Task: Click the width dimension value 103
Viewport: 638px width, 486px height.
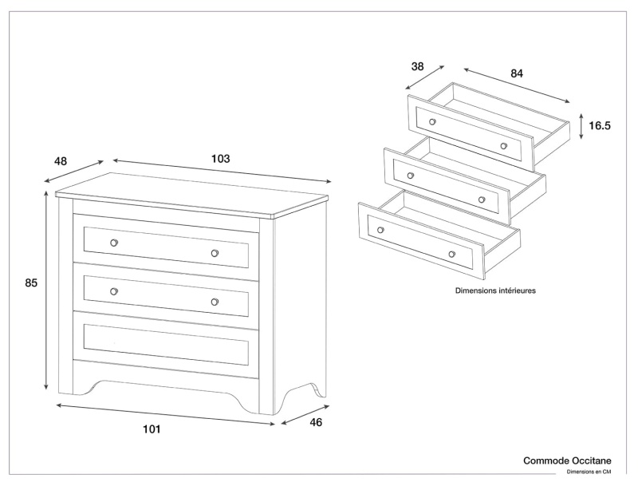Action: (x=221, y=159)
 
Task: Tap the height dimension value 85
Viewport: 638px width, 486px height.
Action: (x=32, y=283)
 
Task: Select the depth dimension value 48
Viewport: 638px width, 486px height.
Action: (x=61, y=161)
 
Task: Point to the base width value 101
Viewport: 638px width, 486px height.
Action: (x=152, y=429)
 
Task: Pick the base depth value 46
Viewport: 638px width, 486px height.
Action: (x=316, y=423)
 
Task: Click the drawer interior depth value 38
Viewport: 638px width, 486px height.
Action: (x=417, y=66)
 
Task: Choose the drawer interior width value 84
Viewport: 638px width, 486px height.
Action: (x=517, y=73)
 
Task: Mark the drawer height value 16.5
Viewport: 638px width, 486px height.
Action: (x=600, y=126)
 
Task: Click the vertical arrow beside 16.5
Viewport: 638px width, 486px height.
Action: (x=581, y=125)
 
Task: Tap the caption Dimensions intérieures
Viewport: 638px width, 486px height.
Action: (x=495, y=291)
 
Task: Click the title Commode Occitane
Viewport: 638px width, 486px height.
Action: (x=567, y=460)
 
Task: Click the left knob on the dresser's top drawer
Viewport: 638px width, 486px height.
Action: (x=114, y=243)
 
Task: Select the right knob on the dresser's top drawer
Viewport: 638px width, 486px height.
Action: (x=215, y=253)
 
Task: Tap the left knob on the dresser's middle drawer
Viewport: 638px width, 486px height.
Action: (x=114, y=291)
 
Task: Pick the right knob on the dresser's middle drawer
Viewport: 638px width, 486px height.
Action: (x=215, y=302)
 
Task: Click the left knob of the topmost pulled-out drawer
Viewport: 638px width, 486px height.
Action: (x=432, y=122)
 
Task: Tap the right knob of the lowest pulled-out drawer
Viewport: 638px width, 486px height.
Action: (x=451, y=255)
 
